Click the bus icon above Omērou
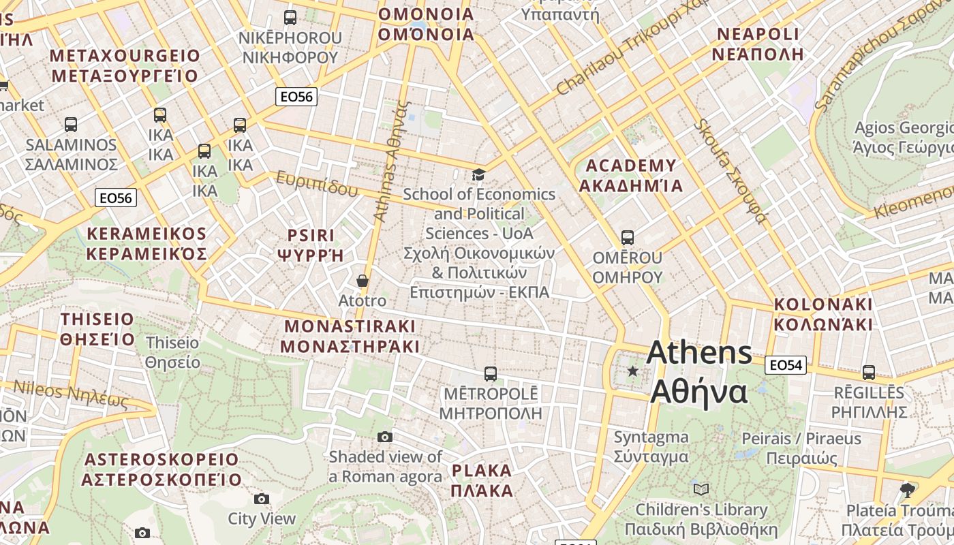627,238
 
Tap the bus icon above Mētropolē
490,373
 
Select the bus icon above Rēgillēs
868,373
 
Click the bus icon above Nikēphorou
290,18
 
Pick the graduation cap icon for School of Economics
478,175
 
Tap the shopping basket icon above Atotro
363,281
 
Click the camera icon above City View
261,499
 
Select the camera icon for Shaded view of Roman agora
385,437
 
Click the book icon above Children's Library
701,489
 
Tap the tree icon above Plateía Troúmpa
907,490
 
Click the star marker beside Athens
633,371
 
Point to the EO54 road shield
786,365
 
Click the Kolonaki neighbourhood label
823,313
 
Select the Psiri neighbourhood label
310,245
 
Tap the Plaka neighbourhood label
482,480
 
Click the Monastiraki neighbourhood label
350,335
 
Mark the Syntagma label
651,446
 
